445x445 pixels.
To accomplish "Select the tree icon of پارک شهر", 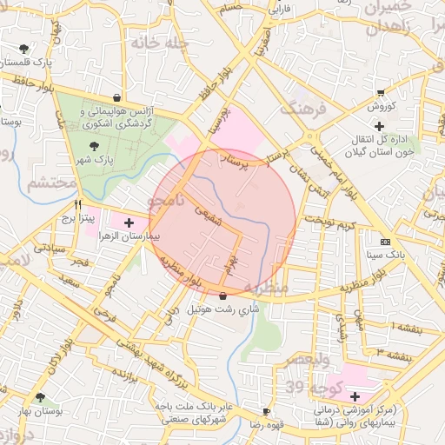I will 94,146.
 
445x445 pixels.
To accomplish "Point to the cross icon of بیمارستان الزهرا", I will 130,222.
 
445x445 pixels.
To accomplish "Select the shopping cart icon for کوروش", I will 380,92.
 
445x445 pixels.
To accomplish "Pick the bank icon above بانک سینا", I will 386,242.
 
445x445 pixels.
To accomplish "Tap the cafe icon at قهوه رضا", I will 265,411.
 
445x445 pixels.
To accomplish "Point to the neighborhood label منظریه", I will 266,287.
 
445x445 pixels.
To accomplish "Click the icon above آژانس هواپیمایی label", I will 117,97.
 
